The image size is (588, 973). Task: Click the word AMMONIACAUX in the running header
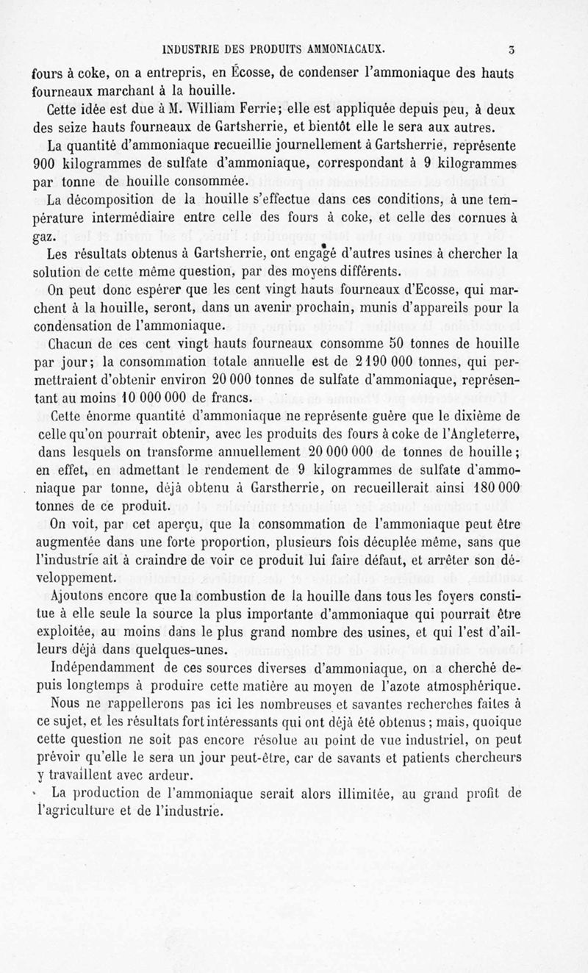(340, 50)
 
